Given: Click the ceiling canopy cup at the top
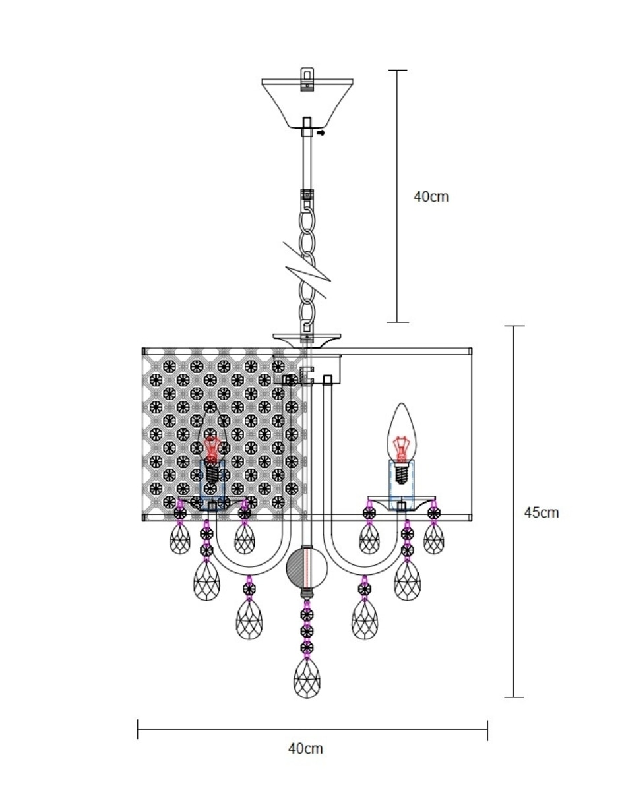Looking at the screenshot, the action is pyautogui.click(x=307, y=104).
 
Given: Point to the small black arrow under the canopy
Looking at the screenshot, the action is pyautogui.click(x=321, y=133).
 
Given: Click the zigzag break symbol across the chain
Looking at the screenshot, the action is pyautogui.click(x=307, y=270).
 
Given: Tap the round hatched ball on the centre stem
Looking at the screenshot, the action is pyautogui.click(x=307, y=568).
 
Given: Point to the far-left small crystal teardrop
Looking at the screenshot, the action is pyautogui.click(x=180, y=538).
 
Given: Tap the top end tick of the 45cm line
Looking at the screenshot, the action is pyautogui.click(x=514, y=326).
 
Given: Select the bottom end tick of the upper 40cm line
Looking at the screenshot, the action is pyautogui.click(x=397, y=322).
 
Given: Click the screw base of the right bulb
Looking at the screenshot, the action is pyautogui.click(x=400, y=475).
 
